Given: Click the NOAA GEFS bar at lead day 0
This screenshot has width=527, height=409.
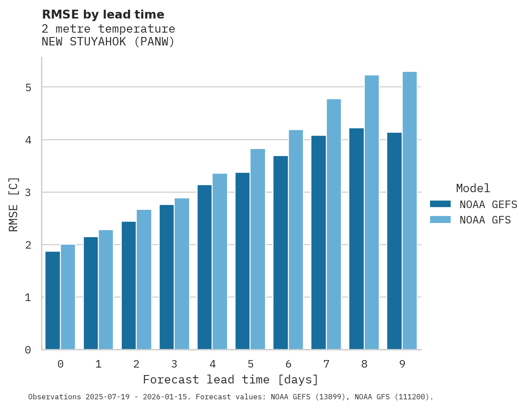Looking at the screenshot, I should [x=52, y=301].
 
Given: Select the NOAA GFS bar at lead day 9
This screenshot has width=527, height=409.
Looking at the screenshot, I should [x=410, y=211].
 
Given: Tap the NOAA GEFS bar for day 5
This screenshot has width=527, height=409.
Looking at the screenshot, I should [x=242, y=261].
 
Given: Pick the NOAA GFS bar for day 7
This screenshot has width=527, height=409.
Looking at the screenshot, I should [x=334, y=224].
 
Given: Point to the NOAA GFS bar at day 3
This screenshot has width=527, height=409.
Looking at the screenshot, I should [x=182, y=274].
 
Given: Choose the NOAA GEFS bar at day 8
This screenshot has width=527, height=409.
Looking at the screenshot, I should [x=356, y=239].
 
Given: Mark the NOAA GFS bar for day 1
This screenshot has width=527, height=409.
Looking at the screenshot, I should [x=106, y=290].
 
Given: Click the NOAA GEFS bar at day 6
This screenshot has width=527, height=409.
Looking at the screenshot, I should [x=280, y=253].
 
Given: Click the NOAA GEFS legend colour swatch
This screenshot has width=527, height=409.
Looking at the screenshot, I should [x=440, y=204].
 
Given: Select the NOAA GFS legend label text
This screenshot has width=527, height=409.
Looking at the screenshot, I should [x=485, y=220].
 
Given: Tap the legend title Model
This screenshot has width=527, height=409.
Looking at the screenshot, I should [x=473, y=189].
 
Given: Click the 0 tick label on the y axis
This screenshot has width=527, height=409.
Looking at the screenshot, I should [x=28, y=350].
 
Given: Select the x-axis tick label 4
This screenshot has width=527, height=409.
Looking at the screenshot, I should [x=212, y=364].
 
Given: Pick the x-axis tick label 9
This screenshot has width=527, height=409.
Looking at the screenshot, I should [x=402, y=364].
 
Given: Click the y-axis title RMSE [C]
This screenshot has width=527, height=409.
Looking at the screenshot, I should [x=14, y=204].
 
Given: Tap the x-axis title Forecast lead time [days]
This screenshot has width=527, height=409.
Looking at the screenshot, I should [x=230, y=380].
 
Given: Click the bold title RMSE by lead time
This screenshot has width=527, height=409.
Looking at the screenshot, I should [x=103, y=15].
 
